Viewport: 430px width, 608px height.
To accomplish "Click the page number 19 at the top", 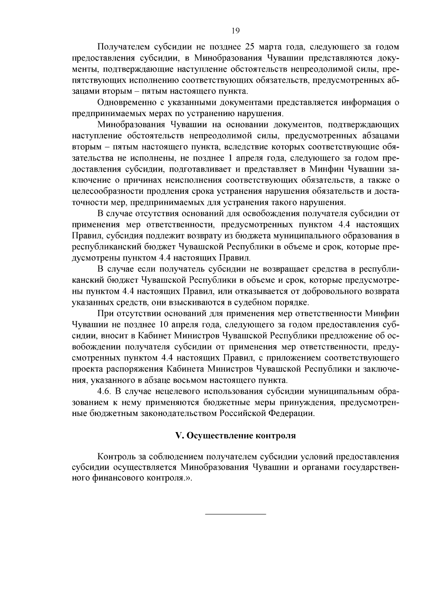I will coord(235,31).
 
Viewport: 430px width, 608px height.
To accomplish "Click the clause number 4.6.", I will coord(104,391).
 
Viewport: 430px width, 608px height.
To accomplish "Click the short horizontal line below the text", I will coord(235,514).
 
